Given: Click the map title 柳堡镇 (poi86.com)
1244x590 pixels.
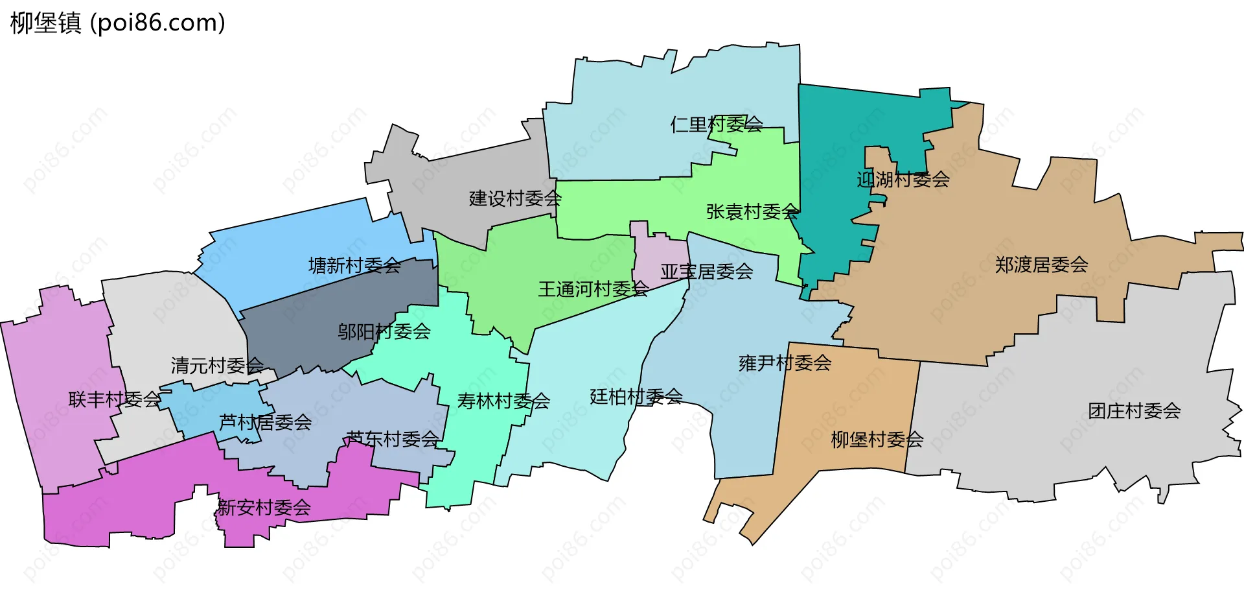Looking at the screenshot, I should pos(118,23).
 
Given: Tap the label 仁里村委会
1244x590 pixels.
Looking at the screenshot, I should pos(717,124).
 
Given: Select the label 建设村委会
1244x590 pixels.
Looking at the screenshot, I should pos(515,198).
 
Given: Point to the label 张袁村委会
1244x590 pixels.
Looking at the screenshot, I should pos(752,211).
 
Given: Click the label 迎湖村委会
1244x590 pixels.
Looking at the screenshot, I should pos(903,179).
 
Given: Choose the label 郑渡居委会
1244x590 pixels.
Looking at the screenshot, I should pos(1041,265).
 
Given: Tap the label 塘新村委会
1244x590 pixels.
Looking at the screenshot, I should pos(354,265).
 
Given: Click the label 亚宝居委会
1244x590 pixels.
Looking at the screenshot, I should pos(706,271).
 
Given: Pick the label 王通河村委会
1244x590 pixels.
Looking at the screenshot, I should pos(593,289).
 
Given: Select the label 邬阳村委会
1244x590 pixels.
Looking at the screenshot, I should pos(384,331).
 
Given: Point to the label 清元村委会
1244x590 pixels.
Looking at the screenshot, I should pos(217,365).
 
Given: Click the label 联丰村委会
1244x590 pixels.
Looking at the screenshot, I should pos(115,399).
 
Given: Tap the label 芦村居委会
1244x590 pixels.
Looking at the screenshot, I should pos(265,422).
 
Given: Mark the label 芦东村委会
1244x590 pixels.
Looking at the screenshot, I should pos(393,439).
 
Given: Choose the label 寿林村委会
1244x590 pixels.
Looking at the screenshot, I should pos(503,401).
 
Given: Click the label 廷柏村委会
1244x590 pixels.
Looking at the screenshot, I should pos(636,396).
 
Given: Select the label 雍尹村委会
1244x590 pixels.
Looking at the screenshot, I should pos(785,362).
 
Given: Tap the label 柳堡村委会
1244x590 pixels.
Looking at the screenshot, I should pos(877,440).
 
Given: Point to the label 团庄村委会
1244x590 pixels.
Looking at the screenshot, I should pos(1134,410).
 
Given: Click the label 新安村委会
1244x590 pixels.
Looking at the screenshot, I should pos(264,507).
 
